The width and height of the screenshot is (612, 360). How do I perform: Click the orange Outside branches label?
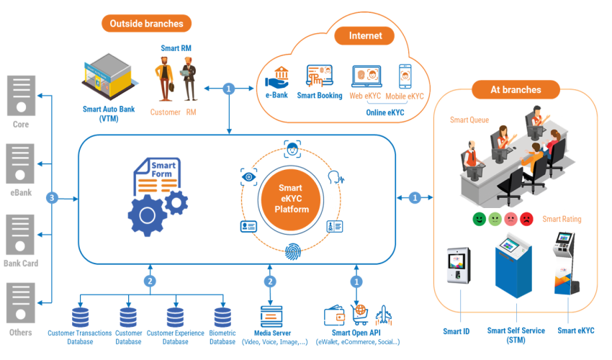pos(146,24)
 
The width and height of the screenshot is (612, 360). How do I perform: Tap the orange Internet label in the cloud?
pos(366,35)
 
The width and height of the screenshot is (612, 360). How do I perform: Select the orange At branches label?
pos(516,90)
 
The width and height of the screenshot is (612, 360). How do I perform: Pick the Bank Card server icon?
pos(21,234)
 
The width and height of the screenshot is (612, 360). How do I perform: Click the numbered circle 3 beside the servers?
pos(51,197)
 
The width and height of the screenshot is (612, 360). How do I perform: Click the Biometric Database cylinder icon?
pos(222,318)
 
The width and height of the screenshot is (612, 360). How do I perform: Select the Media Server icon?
pos(270,317)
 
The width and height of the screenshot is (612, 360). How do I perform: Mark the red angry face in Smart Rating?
pos(526,218)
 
